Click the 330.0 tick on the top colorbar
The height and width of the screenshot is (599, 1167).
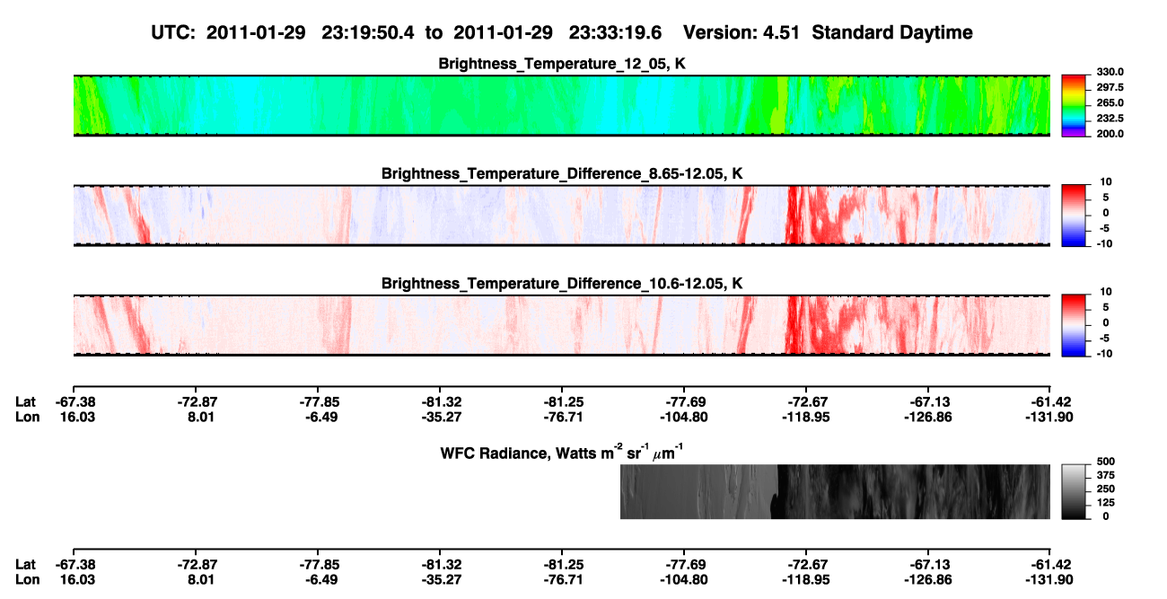pyautogui.click(x=1110, y=72)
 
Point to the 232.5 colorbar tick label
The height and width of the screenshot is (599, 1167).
pyautogui.click(x=1110, y=119)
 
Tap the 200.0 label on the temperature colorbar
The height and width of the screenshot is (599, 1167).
pyautogui.click(x=1110, y=134)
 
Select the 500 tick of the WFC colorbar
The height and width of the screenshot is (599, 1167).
pyautogui.click(x=1105, y=462)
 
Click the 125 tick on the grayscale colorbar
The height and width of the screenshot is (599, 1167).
pyautogui.click(x=1105, y=503)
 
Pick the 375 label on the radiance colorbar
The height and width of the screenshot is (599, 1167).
pyautogui.click(x=1105, y=475)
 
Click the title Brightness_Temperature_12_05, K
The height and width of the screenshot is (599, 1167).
pyautogui.click(x=562, y=64)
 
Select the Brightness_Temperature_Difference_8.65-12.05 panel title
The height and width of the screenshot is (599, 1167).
pyautogui.click(x=562, y=173)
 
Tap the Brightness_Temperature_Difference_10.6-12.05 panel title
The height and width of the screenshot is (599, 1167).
pyautogui.click(x=562, y=284)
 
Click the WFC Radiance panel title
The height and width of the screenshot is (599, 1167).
pyautogui.click(x=562, y=453)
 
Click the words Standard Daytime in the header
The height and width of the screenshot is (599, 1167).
pyautogui.click(x=892, y=32)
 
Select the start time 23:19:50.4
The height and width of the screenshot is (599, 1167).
pyautogui.click(x=368, y=32)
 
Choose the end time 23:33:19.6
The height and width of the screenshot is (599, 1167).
pyautogui.click(x=615, y=32)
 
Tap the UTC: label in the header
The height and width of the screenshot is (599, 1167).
pyautogui.click(x=173, y=32)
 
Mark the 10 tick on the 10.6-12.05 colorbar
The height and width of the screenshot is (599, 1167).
pyautogui.click(x=1106, y=292)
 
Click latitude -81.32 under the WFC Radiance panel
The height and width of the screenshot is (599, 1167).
pyautogui.click(x=442, y=565)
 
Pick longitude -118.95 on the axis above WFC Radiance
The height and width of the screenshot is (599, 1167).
pyautogui.click(x=806, y=417)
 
